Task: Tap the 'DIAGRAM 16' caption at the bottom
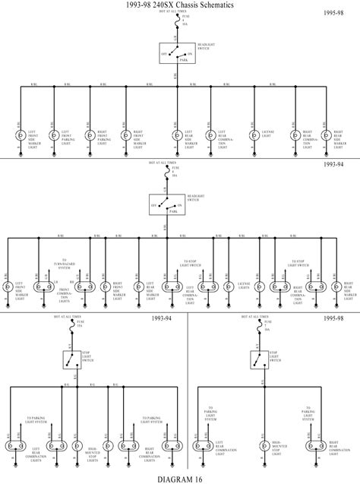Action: pyautogui.click(x=180, y=478)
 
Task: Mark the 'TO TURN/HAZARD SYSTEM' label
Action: pyautogui.click(x=64, y=265)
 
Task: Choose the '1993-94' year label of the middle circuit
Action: pyautogui.click(x=335, y=163)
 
